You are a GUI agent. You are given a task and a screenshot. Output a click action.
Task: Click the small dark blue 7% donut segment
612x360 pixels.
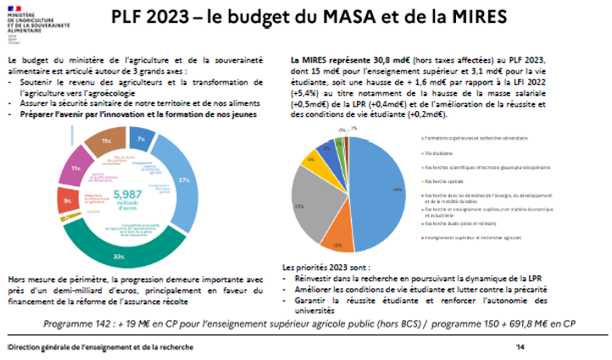[142, 138]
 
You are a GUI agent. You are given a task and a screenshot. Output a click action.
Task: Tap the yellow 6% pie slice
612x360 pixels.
[313, 158]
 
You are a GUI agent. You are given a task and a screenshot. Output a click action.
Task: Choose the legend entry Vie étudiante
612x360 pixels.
[442, 152]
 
